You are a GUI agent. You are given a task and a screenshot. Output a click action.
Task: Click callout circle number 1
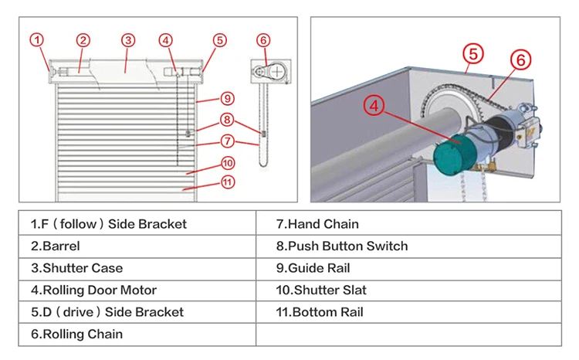37,39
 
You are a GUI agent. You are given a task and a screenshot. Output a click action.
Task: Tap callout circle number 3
128,39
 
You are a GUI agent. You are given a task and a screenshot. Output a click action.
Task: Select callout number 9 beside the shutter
227,98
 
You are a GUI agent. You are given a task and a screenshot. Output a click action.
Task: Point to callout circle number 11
227,182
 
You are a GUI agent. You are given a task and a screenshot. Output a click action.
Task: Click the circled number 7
227,141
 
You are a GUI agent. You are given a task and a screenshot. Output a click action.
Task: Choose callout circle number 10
227,162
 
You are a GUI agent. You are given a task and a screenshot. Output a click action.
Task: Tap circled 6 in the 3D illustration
520,59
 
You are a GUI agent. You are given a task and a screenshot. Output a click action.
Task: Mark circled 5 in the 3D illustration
474,53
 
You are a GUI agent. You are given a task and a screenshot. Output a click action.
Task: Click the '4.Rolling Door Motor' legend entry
93,290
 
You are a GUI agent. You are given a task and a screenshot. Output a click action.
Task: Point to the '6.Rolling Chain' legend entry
76,335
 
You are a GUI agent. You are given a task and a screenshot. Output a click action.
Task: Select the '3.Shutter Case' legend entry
76,268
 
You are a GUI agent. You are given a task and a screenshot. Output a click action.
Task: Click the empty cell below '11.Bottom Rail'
408,335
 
